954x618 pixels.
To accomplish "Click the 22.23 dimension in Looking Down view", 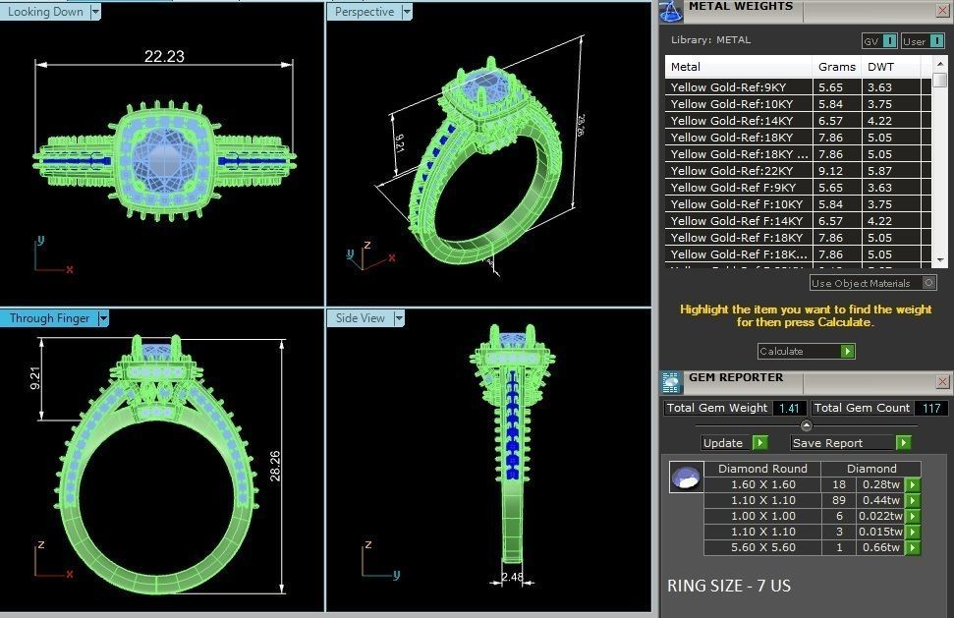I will coord(164,56).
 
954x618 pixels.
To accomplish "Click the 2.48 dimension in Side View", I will coord(512,577).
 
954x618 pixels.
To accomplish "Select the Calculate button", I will coord(806,351).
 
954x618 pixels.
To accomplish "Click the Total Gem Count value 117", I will coord(930,408).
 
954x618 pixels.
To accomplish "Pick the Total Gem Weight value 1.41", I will coord(790,408).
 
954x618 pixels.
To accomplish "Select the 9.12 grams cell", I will coord(830,171).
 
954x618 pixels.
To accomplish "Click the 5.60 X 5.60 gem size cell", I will coord(762,547).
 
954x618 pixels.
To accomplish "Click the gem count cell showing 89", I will coord(838,500).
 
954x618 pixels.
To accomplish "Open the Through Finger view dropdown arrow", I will coord(103,318).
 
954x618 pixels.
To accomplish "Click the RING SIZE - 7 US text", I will coord(729,586).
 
